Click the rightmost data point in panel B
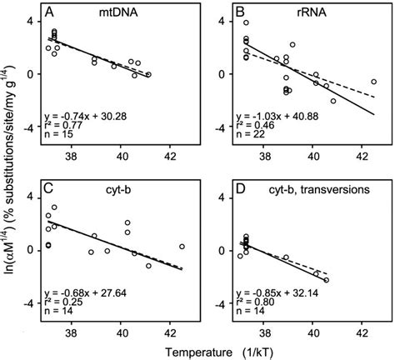[x=374, y=82]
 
